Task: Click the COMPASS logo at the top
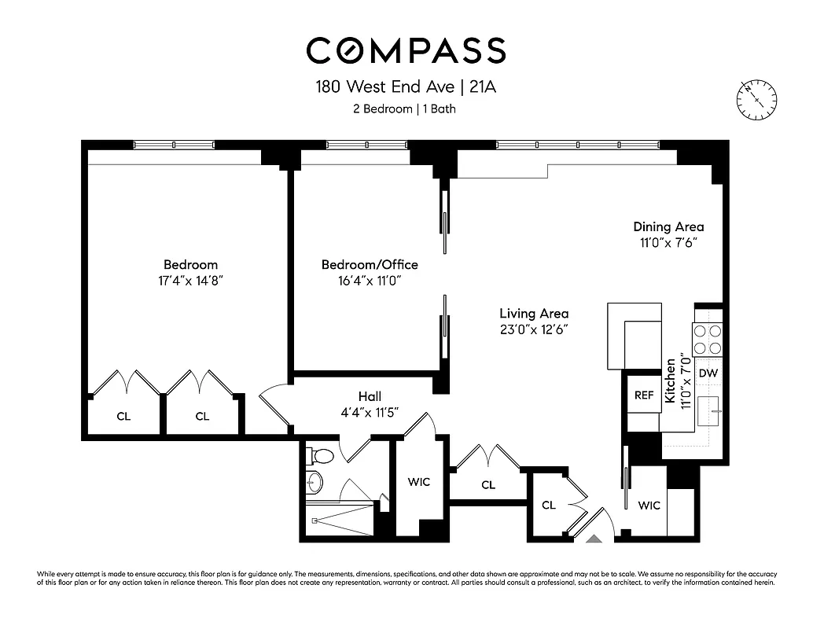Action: coord(406,50)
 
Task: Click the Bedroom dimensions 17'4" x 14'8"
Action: coord(190,281)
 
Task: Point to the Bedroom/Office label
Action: coord(370,264)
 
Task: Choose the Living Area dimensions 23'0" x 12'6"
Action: coord(534,329)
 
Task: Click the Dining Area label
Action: coord(668,227)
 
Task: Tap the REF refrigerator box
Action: coord(644,395)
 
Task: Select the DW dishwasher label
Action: coord(708,373)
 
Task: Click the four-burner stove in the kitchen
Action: coord(708,340)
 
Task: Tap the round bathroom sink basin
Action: coord(315,481)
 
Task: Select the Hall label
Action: coord(370,396)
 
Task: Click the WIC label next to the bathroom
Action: coord(419,481)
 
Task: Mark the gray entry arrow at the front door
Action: coord(595,539)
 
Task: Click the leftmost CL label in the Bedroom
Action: coord(123,416)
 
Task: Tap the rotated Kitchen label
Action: coord(671,383)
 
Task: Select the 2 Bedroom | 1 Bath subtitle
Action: coord(404,109)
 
